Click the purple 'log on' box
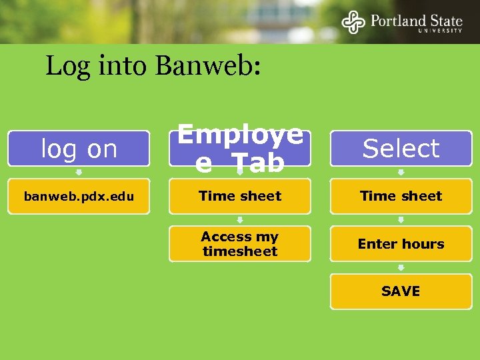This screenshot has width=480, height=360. pyautogui.click(x=79, y=149)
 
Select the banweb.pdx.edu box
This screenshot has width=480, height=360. pyautogui.click(x=79, y=196)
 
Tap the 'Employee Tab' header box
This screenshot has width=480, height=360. pyautogui.click(x=240, y=148)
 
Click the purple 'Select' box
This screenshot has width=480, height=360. pyautogui.click(x=401, y=148)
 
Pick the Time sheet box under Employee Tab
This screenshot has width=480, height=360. pyautogui.click(x=240, y=196)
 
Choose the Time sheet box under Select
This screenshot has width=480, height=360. pyautogui.click(x=401, y=196)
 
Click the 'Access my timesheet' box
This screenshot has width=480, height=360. pyautogui.click(x=240, y=244)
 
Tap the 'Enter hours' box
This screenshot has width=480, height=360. pyautogui.click(x=401, y=244)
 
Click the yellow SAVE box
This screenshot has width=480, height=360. pyautogui.click(x=401, y=291)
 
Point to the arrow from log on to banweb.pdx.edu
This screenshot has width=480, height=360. pyautogui.click(x=79, y=173)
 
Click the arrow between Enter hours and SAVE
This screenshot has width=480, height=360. pyautogui.click(x=401, y=268)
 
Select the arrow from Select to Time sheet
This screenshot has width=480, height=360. pyautogui.click(x=401, y=173)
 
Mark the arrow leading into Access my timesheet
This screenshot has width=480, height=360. pyautogui.click(x=240, y=220)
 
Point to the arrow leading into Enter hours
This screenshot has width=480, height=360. pyautogui.click(x=401, y=220)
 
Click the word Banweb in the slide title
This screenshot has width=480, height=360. pyautogui.click(x=208, y=66)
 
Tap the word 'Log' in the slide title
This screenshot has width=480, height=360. pyautogui.click(x=63, y=66)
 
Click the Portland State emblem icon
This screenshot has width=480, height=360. pyautogui.click(x=353, y=22)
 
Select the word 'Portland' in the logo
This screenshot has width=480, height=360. pyautogui.click(x=395, y=20)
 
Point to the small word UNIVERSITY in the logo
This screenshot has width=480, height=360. pyautogui.click(x=440, y=31)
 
